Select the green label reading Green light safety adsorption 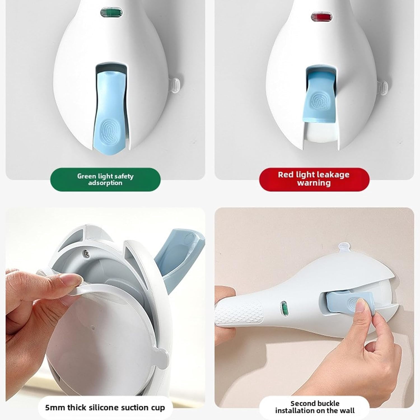click(105, 179)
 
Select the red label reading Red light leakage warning click(314, 179)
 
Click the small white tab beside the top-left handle click(176, 85)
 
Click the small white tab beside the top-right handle click(383, 88)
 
